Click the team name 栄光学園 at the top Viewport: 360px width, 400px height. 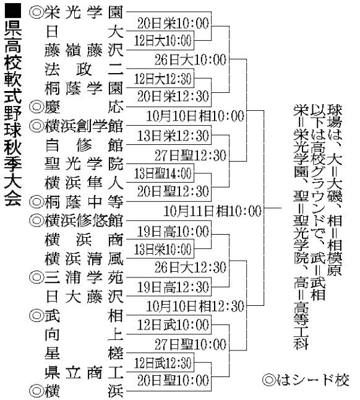coord(84,12)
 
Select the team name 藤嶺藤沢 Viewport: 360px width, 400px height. coord(84,50)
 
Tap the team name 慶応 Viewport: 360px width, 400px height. coord(84,107)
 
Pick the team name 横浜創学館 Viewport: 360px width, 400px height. coord(84,126)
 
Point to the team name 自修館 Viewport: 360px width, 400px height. coord(84,145)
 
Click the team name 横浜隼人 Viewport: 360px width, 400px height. coord(84,183)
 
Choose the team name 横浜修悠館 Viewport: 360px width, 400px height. coord(84,220)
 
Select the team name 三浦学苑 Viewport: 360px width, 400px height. coord(84,277)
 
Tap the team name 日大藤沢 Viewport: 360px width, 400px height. coord(84,297)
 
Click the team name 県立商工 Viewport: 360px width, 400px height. coord(84,373)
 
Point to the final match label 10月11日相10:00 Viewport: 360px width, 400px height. coord(212,211)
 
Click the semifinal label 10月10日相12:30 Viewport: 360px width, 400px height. coord(195,306)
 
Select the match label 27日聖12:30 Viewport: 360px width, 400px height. coord(191,155)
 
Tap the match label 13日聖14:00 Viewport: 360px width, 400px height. coord(163,173)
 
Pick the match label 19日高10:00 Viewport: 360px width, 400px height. coord(173,231)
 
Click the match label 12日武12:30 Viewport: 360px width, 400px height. coord(163,363)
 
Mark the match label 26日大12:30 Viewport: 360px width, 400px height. coord(191,267)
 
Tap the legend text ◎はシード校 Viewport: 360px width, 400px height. coord(306,380)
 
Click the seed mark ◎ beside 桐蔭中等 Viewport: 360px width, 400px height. coord(36,202)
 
